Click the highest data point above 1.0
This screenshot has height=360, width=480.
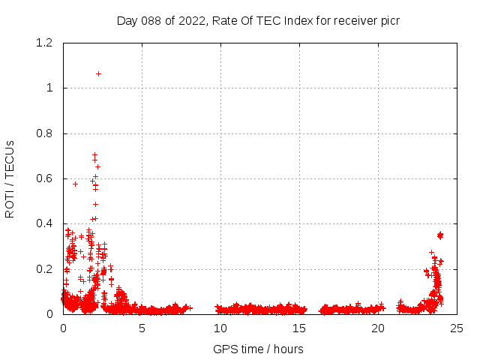coord(98,73)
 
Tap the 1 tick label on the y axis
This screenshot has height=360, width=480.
coord(50,88)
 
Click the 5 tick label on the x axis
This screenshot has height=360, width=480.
coord(142,328)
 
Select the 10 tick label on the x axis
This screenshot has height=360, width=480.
coord(220,328)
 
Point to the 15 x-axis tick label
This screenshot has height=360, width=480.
coord(299,328)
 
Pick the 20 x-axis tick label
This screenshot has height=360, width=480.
coord(378,328)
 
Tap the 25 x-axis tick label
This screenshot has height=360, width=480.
coord(457,328)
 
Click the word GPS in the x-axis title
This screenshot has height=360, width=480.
coord(224,349)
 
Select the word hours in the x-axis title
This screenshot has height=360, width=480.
coord(288,349)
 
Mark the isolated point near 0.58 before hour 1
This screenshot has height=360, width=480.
coord(75,184)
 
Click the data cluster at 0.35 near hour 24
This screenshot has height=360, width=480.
coord(440,235)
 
